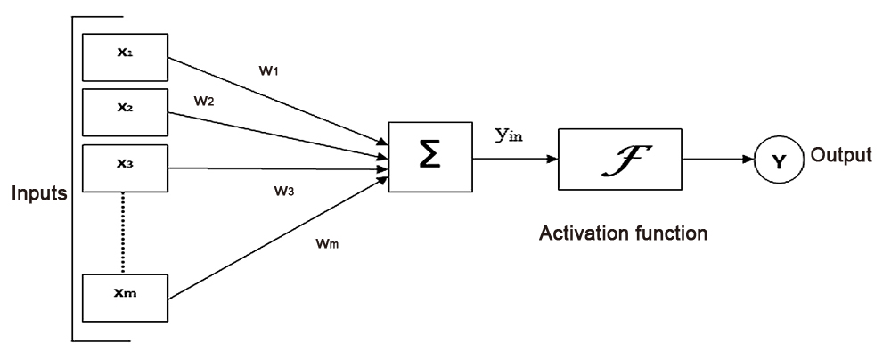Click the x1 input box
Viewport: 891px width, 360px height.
pyautogui.click(x=125, y=55)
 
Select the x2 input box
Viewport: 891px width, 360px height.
pyautogui.click(x=125, y=110)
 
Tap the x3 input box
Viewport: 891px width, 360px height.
pyautogui.click(x=125, y=168)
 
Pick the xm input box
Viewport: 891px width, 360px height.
pyautogui.click(x=125, y=298)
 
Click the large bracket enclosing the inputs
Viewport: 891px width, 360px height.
pyautogui.click(x=73, y=178)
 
